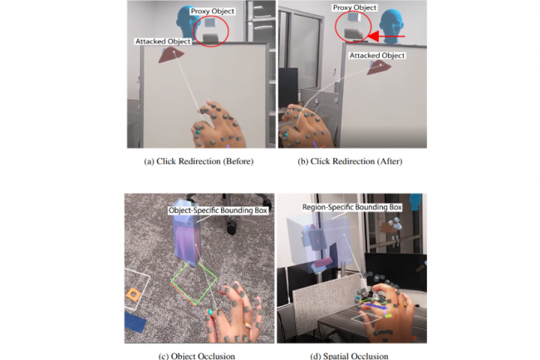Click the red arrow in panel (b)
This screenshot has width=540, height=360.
click(386, 36)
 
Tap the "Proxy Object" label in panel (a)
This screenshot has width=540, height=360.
click(213, 12)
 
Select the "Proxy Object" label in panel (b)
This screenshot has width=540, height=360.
click(355, 7)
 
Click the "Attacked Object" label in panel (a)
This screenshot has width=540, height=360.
click(163, 42)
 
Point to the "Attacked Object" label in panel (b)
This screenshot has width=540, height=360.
click(377, 56)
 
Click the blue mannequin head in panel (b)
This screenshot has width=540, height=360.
click(393, 26)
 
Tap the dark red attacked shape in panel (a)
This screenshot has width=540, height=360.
click(171, 55)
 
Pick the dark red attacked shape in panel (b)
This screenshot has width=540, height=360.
click(379, 68)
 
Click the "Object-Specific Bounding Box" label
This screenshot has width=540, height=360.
click(218, 210)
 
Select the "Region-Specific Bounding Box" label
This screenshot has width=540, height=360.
click(352, 207)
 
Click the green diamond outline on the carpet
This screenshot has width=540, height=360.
click(194, 284)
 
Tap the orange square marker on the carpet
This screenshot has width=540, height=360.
click(133, 293)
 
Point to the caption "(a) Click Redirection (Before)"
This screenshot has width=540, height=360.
click(199, 161)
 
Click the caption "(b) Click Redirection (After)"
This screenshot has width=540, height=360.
click(350, 161)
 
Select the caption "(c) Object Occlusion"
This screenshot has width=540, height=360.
click(197, 356)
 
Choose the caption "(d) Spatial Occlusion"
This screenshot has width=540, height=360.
click(349, 356)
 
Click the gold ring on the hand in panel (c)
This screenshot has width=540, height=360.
click(248, 324)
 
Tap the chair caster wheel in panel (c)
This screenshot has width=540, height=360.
click(232, 228)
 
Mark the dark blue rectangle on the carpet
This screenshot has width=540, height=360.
click(135, 322)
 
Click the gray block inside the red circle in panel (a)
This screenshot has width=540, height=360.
click(211, 37)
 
